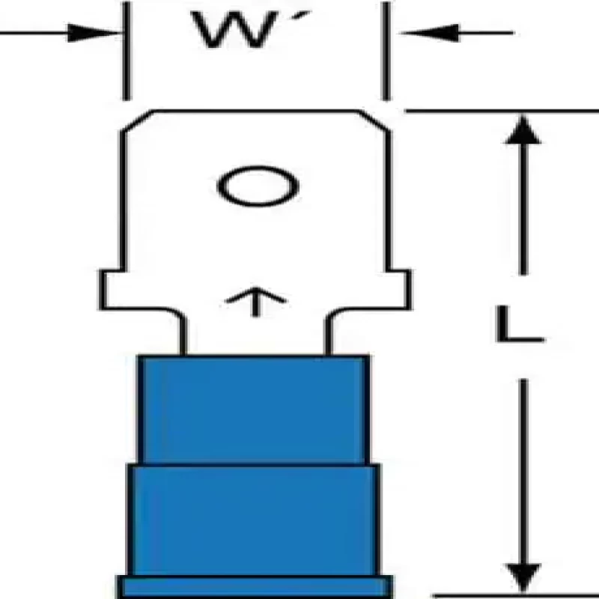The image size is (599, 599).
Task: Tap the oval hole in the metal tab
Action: pos(258,188)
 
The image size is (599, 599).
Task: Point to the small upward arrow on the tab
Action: pos(255,301)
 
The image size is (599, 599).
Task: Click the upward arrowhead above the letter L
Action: pos(523,132)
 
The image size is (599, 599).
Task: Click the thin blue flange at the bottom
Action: pos(255,586)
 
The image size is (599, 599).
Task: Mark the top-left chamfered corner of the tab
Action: pos(136,121)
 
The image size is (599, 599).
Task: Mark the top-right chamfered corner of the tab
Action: pos(377,121)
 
